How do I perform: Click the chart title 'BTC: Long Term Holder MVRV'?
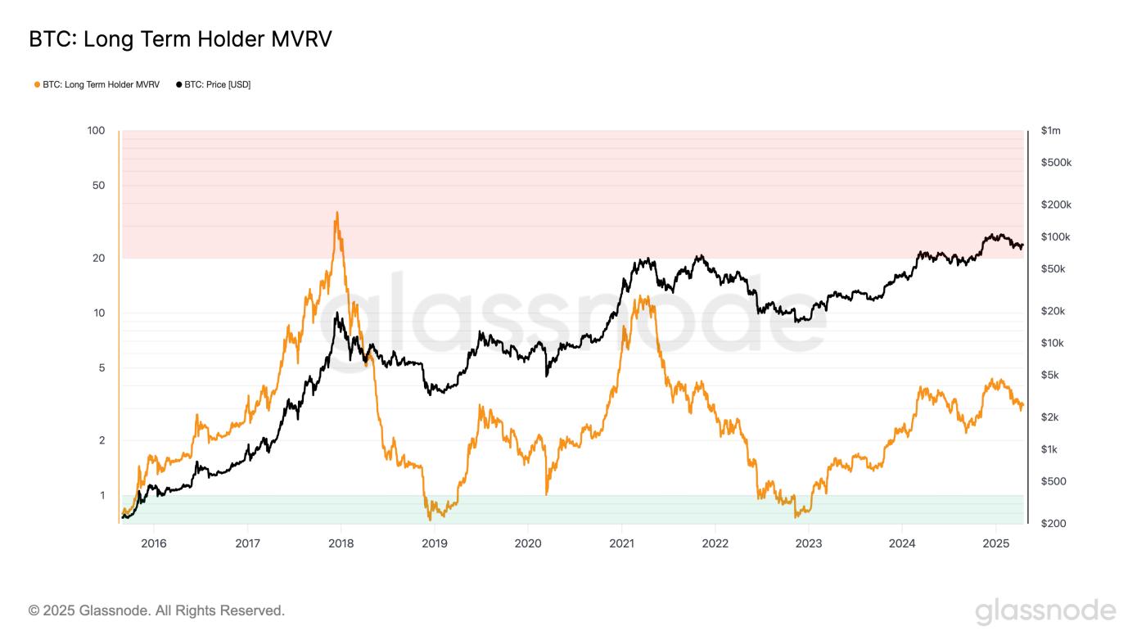point(180,39)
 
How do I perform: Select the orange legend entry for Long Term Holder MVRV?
point(97,84)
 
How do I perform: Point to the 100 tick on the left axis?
point(97,131)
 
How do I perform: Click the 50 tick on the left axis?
point(99,186)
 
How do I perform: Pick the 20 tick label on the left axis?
point(99,259)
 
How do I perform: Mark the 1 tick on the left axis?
point(102,495)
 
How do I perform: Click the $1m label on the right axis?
point(1050,131)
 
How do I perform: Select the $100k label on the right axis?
point(1055,237)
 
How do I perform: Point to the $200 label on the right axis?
point(1053,523)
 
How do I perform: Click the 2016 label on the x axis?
point(153,543)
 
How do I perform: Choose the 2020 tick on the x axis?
point(528,543)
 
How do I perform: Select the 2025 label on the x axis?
point(995,543)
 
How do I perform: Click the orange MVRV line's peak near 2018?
point(336,213)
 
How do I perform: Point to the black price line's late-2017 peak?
point(336,313)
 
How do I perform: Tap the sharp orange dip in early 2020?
point(546,493)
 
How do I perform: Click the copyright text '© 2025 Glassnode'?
point(156,610)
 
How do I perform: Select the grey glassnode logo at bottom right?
point(1045,611)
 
